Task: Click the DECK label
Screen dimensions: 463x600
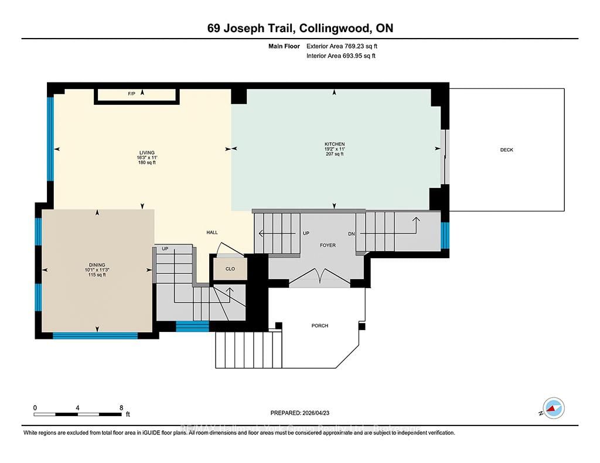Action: [x=507, y=150]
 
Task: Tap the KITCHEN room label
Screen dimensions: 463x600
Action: [x=335, y=144]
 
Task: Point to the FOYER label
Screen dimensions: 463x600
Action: [x=328, y=245]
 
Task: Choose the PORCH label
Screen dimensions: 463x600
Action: [x=320, y=325]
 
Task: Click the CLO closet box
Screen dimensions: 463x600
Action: [x=229, y=269]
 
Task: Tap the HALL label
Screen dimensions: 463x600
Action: [x=212, y=232]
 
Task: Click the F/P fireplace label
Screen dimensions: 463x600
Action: [x=132, y=94]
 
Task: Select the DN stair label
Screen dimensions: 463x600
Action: [x=352, y=234]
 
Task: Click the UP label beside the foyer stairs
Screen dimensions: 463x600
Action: [x=305, y=233]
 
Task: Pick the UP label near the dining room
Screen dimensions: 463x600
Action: [x=165, y=249]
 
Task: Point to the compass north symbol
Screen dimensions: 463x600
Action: [x=553, y=407]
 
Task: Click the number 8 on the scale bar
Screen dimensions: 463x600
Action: [x=121, y=407]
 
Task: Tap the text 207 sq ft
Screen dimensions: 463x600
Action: [x=335, y=155]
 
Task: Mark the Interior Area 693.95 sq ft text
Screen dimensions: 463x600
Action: [x=340, y=56]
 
